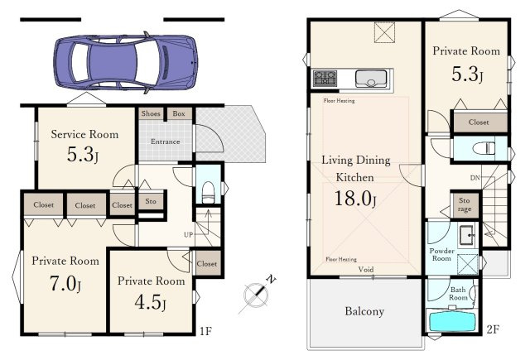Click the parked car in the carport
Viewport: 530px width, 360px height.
pyautogui.click(x=125, y=63)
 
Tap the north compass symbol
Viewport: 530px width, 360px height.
pyautogui.click(x=257, y=295)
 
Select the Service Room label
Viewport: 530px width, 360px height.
pyautogui.click(x=84, y=134)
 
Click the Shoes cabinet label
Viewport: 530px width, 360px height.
pyautogui.click(x=151, y=113)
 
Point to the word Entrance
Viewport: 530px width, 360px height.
pyautogui.click(x=166, y=142)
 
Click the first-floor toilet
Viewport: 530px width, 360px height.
pyautogui.click(x=208, y=193)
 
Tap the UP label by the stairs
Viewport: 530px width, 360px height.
pyautogui.click(x=188, y=234)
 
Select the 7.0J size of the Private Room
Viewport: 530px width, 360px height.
pyautogui.click(x=65, y=284)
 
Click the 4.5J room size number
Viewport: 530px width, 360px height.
pyautogui.click(x=150, y=302)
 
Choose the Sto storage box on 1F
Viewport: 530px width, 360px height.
pyautogui.click(x=151, y=201)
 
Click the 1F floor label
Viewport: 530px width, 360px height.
pyautogui.click(x=205, y=331)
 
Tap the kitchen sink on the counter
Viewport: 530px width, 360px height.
pyautogui.click(x=371, y=79)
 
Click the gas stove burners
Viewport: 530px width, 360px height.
pyautogui.click(x=325, y=79)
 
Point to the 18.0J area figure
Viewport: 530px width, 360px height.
pyautogui.click(x=355, y=199)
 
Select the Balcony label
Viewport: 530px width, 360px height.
pyautogui.click(x=364, y=311)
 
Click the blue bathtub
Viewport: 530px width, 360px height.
pyautogui.click(x=452, y=321)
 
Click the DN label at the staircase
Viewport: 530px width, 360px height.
pyautogui.click(x=475, y=178)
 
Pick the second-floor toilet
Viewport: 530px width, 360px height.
pyautogui.click(x=484, y=149)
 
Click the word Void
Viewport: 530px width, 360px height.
pyautogui.click(x=366, y=269)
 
